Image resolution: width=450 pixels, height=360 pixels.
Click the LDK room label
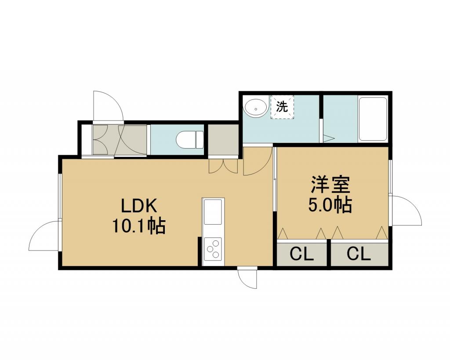point(138,206)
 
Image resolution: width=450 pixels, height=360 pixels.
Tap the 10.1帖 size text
point(138,226)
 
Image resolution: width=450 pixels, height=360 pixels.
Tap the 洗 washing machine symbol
point(282,107)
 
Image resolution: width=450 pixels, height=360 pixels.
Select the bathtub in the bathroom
point(373,119)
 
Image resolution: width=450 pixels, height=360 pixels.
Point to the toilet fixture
point(189,140)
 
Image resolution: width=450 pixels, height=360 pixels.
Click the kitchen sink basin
point(213,212)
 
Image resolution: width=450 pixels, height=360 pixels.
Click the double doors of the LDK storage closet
point(223,166)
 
